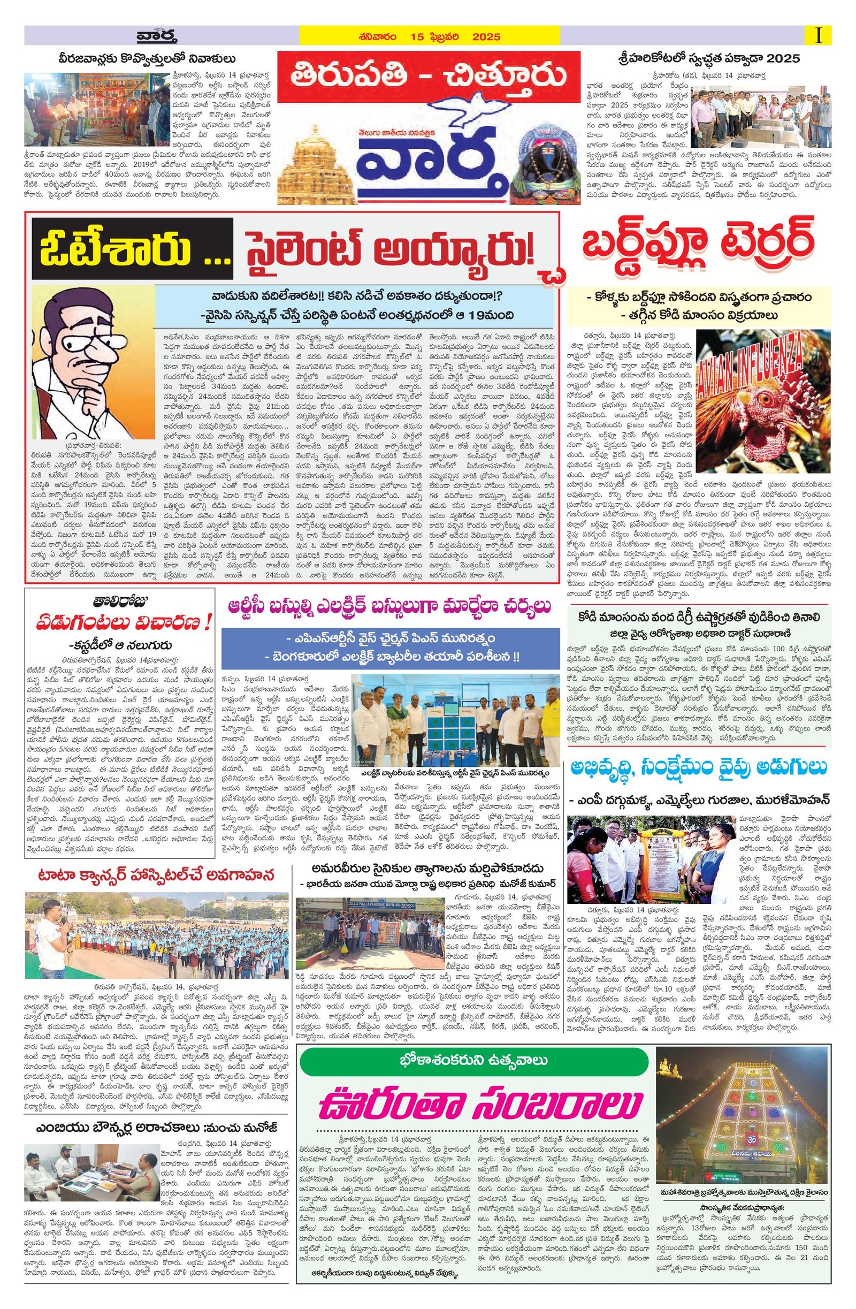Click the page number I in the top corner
[x=819, y=36]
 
